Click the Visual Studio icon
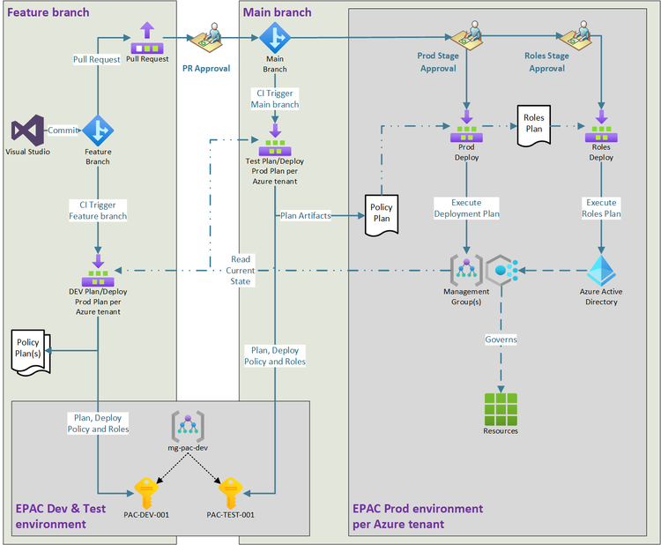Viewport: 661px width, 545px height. point(26,131)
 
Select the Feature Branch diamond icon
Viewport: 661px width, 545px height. point(98,131)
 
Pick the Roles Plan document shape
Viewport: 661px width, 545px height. point(533,122)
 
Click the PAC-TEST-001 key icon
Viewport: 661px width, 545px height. point(230,491)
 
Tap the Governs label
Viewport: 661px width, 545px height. point(501,339)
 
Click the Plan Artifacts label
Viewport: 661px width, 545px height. point(304,214)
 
